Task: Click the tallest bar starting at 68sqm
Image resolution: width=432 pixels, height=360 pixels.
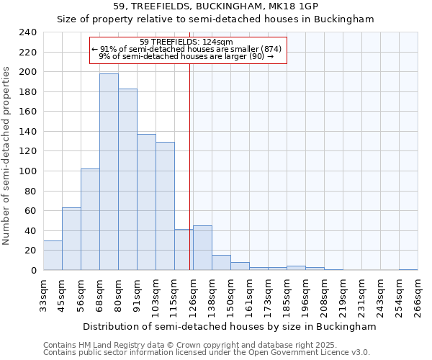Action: [109, 172]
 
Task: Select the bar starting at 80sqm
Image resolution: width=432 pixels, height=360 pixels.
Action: [127, 179]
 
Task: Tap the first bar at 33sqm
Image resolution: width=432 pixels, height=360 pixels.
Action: [53, 256]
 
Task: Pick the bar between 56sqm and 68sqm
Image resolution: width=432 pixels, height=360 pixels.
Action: [90, 220]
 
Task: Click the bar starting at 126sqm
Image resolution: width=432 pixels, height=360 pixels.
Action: [202, 248]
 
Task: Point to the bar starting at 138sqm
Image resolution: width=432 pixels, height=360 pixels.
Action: [221, 263]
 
